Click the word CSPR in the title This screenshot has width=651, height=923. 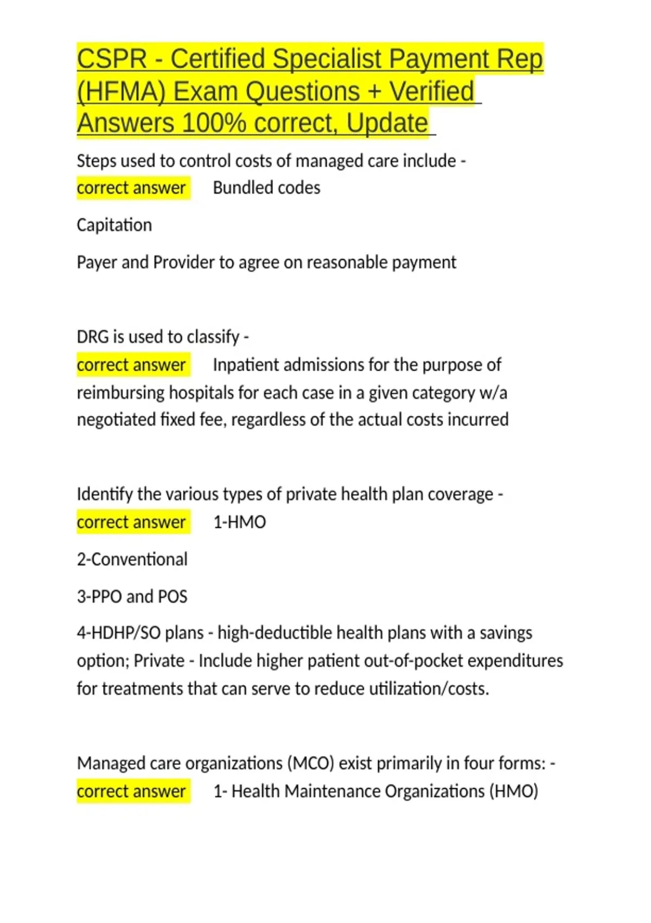112,59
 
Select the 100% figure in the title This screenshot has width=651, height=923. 214,123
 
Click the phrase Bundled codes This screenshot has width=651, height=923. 266,188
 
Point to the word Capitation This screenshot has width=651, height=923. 114,225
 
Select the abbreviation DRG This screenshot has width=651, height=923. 93,337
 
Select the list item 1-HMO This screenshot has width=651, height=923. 239,522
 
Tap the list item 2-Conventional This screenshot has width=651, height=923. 132,559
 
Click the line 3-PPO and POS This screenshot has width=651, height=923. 132,596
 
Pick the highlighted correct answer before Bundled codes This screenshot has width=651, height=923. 131,188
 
